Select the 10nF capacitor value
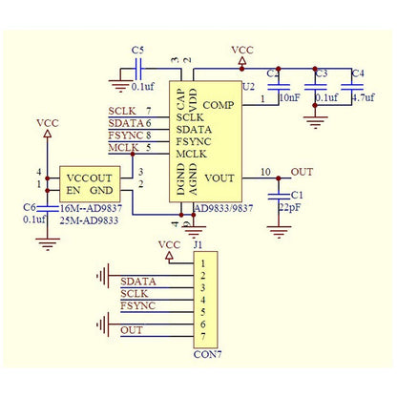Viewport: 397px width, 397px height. coord(288,96)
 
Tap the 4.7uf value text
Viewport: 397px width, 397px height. coord(363,96)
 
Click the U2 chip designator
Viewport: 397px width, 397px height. coord(250,86)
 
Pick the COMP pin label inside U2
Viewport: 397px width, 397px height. coord(218,104)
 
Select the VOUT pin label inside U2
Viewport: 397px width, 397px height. coord(219,178)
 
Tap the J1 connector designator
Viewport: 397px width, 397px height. coord(198,245)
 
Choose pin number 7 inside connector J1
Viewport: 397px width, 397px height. coord(201,337)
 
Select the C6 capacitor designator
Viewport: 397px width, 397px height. coord(29,206)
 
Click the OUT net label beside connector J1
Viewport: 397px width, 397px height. coord(133,329)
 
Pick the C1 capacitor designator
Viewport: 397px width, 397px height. coord(297,195)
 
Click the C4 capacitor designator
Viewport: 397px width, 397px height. coord(357,73)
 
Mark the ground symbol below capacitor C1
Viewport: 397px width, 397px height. coord(279,229)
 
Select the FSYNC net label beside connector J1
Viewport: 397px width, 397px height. coord(138,306)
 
